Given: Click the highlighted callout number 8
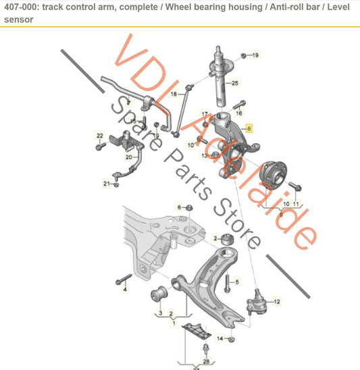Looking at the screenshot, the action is pos(249,128).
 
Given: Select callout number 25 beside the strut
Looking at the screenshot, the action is pos(234,83).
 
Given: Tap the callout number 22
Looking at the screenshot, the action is pos(100,136).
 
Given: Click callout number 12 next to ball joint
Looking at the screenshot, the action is pos(277,301).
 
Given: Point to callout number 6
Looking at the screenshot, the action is pos(179,207).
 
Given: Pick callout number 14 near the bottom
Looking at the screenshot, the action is pos(220,338).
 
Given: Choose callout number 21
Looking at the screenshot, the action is pos(107,184).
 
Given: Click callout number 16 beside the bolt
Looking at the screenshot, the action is pos(239,113).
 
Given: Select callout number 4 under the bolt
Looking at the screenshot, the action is pos(125,289).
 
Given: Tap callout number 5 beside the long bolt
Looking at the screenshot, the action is pos(237,282).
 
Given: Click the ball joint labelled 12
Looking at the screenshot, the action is pos(257,302).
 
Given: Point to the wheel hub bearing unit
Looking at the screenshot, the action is pos(273,175).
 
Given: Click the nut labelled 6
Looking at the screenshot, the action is pos(189,208).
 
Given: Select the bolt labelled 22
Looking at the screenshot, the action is pos(101,147).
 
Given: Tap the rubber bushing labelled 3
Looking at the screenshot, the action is pos(159,294).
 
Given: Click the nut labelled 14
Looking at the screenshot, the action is pos(232,340).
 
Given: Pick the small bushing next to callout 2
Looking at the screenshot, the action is pos(228,239).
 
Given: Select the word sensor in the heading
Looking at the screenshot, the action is pos(19,20).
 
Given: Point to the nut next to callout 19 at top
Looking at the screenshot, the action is pos(244,55).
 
